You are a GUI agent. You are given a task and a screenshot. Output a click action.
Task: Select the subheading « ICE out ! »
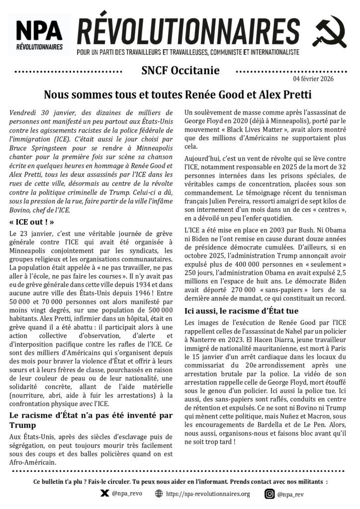(x=31, y=221)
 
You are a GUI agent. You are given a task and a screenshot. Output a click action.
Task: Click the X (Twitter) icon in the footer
(x=104, y=494)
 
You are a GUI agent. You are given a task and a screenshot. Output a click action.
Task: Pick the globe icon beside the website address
(x=159, y=494)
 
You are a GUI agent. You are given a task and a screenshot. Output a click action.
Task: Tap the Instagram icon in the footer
(x=269, y=494)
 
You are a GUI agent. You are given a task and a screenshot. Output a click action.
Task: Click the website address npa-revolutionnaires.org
(x=208, y=494)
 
